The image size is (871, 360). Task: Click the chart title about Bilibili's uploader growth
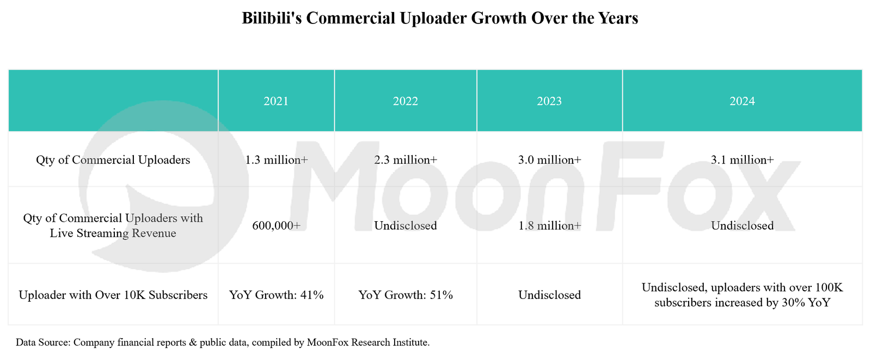coord(439,19)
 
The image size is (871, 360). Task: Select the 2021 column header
coord(276,101)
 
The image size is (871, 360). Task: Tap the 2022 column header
coord(406,101)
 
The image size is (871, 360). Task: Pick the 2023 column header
coord(549,101)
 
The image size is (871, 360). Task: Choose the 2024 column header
coord(743,101)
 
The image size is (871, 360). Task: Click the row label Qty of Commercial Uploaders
coord(113,160)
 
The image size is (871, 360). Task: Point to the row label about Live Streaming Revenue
coord(113,226)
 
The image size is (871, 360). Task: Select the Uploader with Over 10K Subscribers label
coord(113,295)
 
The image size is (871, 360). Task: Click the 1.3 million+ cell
coord(276,160)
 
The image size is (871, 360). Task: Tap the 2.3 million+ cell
coord(406,160)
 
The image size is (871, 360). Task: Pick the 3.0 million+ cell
coord(549,160)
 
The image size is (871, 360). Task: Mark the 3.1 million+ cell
coord(743,160)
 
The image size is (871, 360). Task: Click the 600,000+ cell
coord(276,226)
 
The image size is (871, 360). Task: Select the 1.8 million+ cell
coord(549,226)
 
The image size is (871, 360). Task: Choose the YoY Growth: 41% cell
coord(276,295)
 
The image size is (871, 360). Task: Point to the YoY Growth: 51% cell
coord(406,295)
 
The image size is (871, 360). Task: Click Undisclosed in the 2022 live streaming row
coord(406,226)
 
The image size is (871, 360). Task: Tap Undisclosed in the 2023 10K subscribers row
coord(549,295)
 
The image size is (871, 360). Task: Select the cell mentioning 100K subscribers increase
coord(743,295)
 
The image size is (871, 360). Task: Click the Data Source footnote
coord(223,343)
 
